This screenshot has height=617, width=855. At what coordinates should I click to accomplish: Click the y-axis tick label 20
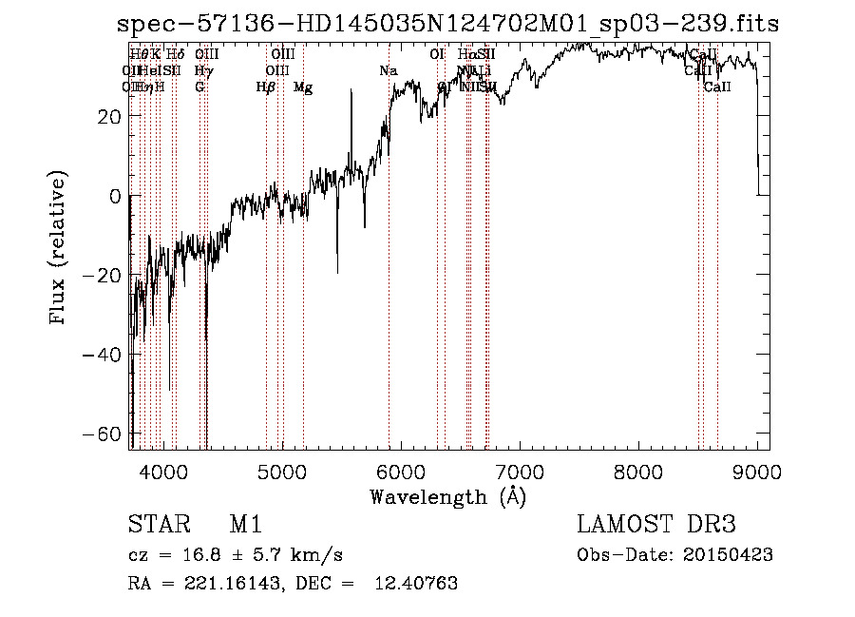[107, 116]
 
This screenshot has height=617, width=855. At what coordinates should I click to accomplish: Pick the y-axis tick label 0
[114, 196]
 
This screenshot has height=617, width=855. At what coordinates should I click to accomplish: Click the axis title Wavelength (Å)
[447, 496]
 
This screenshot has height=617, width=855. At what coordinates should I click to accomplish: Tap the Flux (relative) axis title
[59, 249]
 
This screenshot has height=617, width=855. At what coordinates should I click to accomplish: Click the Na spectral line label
[388, 71]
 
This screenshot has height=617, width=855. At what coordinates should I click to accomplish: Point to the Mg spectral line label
[303, 87]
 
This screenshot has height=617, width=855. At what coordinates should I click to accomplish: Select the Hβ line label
[266, 87]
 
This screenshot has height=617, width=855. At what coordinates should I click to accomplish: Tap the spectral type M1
[245, 526]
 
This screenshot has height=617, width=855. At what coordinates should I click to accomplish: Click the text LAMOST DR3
[656, 526]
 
